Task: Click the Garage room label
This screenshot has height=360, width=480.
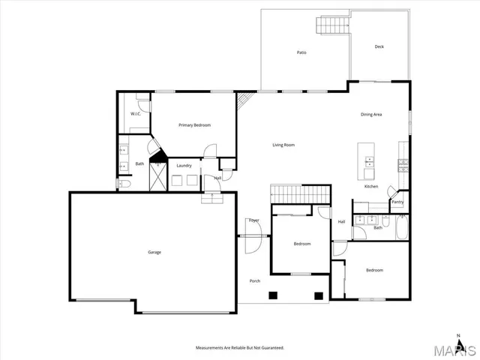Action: (154, 252)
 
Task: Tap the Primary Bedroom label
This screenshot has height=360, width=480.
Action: (193, 125)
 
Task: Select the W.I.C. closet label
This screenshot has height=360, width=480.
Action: (136, 114)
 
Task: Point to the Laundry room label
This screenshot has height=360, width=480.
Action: (184, 165)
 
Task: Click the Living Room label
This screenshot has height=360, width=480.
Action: (283, 144)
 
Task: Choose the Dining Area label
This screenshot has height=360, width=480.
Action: (372, 115)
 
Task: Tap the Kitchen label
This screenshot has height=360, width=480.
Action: (371, 187)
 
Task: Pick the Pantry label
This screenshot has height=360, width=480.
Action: (397, 202)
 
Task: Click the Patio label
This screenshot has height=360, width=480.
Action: (301, 52)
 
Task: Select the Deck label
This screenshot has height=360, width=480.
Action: (379, 47)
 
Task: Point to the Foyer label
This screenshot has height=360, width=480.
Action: (254, 220)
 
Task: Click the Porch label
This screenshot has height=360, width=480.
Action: (255, 280)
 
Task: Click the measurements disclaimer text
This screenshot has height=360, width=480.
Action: (239, 348)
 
